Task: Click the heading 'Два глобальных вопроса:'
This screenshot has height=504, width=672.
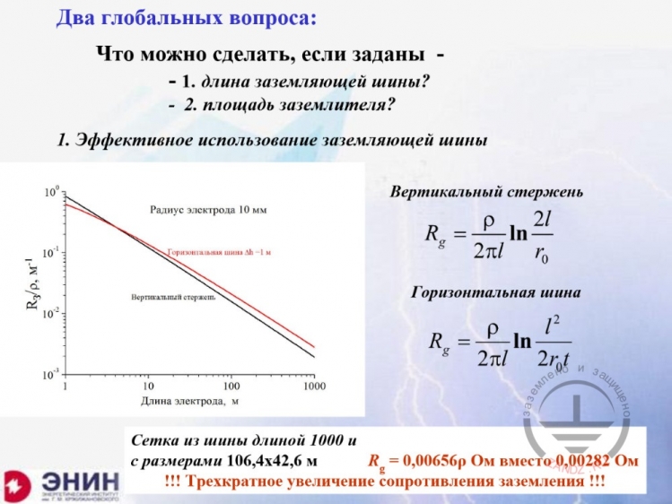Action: [186, 19]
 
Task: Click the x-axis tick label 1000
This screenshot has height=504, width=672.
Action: [314, 386]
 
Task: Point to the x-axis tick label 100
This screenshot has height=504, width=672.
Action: [231, 386]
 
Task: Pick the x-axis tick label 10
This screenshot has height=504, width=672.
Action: [149, 386]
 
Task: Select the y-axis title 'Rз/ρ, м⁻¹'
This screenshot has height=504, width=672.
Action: [35, 282]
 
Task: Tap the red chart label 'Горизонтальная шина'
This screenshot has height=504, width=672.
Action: [219, 252]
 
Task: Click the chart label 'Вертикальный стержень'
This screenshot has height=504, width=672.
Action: [173, 297]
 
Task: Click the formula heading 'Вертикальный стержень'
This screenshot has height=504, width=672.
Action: [487, 192]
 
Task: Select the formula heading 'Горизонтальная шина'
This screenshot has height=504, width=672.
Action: [496, 292]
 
